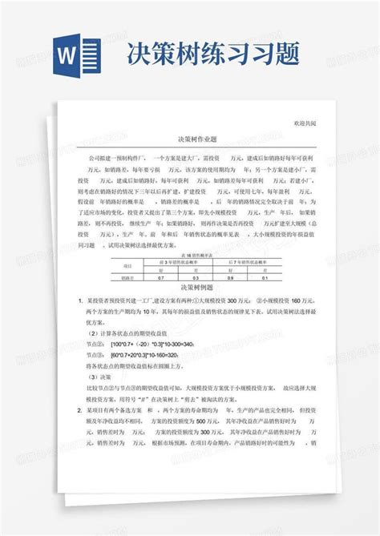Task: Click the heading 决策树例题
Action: (x=189, y=287)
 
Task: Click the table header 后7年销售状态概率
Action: (x=249, y=261)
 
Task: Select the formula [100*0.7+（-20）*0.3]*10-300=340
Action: (x=152, y=342)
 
